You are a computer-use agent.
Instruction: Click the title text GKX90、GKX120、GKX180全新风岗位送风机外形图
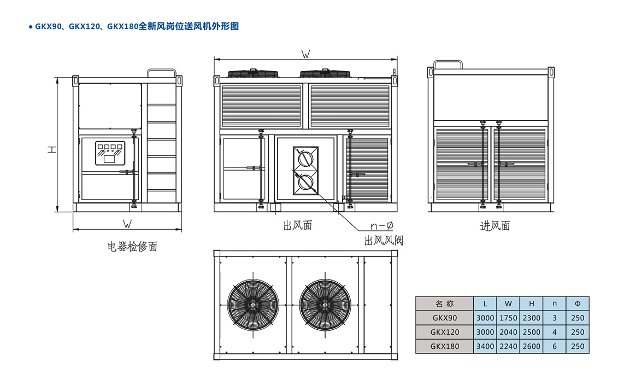coord(137,26)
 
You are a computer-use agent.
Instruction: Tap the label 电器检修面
coord(132,247)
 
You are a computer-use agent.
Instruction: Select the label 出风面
coord(298,225)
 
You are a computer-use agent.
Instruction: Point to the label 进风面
coord(495,225)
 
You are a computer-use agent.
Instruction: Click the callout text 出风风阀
coord(384,241)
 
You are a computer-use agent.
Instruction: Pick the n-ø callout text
coord(382,225)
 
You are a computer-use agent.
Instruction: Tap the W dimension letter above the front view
coord(305,54)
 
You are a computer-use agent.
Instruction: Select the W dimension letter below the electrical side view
coord(127,224)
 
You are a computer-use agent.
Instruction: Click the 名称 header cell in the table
coord(444,304)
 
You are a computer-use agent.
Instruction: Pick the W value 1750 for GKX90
coord(508,318)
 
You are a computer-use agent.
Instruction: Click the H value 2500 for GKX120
coord(531,332)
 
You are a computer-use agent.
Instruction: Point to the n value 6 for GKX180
coord(555,346)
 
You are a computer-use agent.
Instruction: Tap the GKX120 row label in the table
coord(444,332)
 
